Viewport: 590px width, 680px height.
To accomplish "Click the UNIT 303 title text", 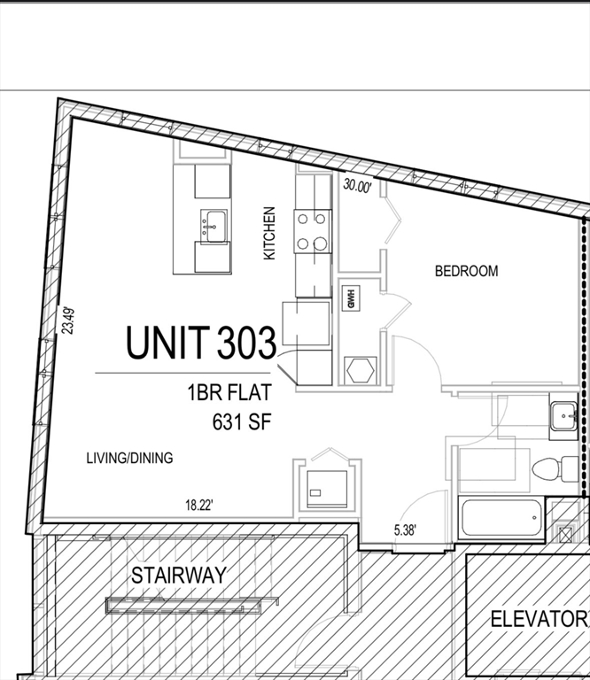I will pyautogui.click(x=200, y=343).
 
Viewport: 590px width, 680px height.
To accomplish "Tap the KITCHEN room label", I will pyautogui.click(x=269, y=233).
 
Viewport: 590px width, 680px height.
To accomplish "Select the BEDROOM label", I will pyautogui.click(x=466, y=271).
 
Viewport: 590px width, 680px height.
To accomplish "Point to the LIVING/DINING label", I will pyautogui.click(x=129, y=458).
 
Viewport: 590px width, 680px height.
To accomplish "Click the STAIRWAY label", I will pyautogui.click(x=179, y=575).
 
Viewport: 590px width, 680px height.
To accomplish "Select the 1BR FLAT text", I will pyautogui.click(x=228, y=392).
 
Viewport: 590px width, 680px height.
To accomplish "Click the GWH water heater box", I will pyautogui.click(x=350, y=298).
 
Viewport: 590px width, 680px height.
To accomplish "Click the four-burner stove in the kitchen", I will pyautogui.click(x=313, y=230).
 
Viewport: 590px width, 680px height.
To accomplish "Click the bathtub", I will pyautogui.click(x=501, y=517).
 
